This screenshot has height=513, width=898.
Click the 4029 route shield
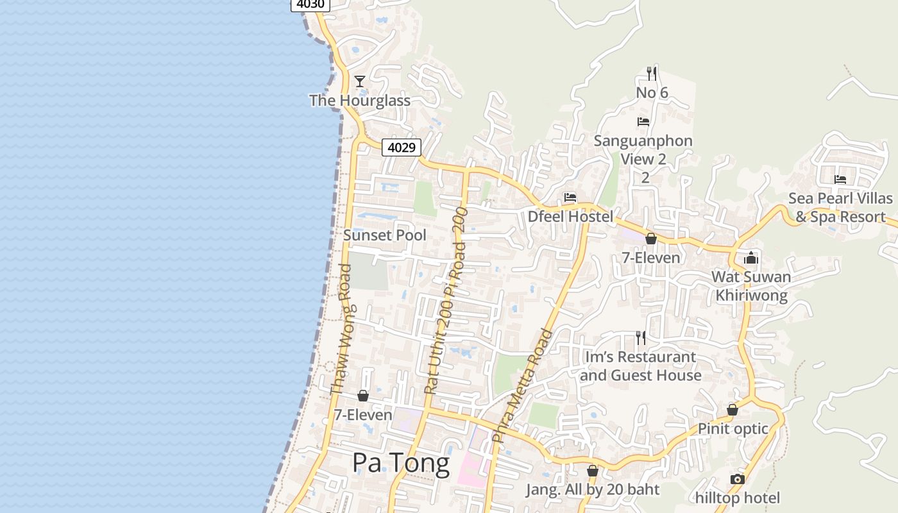pos(402,147)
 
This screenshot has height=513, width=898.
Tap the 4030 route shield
pos(310,4)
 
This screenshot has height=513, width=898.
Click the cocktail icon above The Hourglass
pos(360,81)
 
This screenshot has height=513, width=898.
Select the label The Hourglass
pos(360,101)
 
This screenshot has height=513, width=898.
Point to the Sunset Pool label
pos(384,235)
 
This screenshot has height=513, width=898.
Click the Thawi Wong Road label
pos(341,330)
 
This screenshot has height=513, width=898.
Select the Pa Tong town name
pos(401,463)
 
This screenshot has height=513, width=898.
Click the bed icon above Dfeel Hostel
pos(570,198)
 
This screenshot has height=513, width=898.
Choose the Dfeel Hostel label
pos(570,217)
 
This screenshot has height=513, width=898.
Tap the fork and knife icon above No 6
pos(652,74)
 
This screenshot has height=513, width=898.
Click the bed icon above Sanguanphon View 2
pos(643,122)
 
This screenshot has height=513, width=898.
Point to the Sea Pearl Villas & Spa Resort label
pos(840,208)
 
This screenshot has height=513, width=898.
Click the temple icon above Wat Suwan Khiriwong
pos(751,258)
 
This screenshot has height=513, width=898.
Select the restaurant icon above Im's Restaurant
pos(640,337)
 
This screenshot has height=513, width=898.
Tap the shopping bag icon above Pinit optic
pos(733,410)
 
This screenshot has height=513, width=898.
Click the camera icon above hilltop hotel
pos(738,479)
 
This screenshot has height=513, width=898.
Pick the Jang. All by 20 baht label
pos(593,490)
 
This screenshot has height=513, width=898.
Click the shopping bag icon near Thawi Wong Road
pos(363,396)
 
